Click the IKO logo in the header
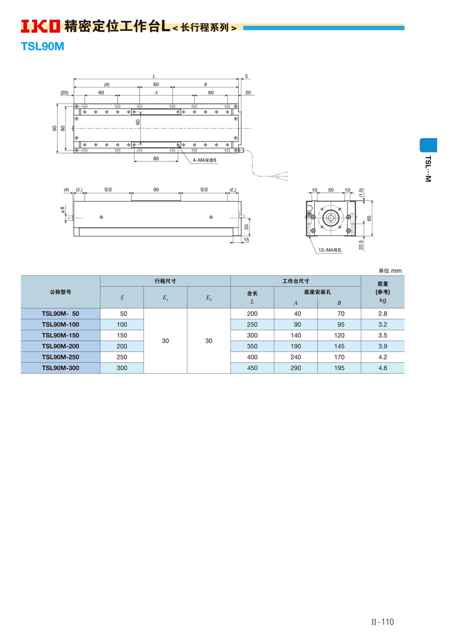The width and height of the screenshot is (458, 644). click(40, 26)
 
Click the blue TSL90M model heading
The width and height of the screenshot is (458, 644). click(43, 47)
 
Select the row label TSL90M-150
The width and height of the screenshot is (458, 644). click(60, 335)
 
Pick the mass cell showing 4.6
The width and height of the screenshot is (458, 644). click(383, 368)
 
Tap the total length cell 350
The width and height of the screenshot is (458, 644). click(252, 346)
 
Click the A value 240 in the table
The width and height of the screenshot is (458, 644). click(295, 357)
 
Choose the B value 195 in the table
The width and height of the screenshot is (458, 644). click(339, 368)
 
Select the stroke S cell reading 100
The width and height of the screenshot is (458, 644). click(122, 325)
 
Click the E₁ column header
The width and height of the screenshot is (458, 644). click(165, 298)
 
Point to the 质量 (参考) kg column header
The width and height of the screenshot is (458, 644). click(383, 292)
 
